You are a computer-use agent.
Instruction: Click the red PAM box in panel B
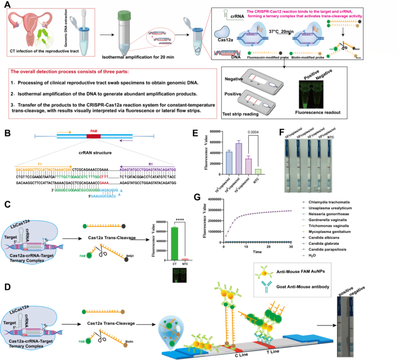94,137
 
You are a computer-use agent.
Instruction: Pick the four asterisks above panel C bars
178,222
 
